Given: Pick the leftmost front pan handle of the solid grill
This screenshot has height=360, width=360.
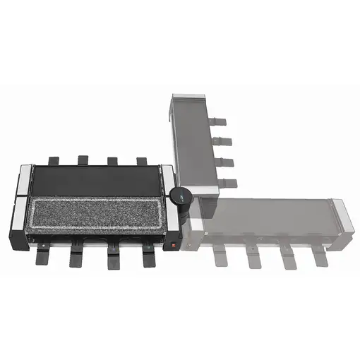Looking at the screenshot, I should point(42,256).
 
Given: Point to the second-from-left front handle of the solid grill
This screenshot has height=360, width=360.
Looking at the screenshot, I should point(77,257).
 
